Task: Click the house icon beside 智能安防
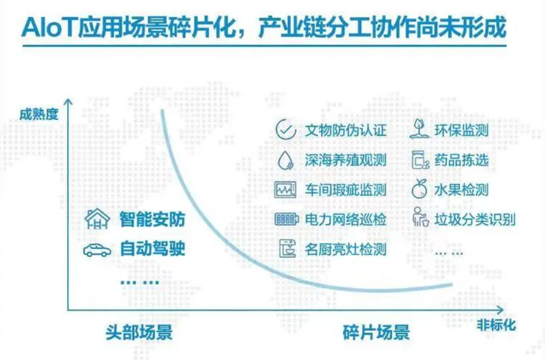point(98,219)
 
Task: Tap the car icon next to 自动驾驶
point(97,250)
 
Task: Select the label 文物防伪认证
point(346,130)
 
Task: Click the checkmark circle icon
point(286,130)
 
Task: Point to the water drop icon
point(285,160)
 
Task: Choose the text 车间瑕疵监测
point(346,190)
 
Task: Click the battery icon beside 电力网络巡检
point(286,219)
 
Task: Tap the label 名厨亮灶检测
point(346,249)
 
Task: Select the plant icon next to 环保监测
point(420,130)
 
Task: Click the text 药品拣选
point(462,160)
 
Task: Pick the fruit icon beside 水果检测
point(420,188)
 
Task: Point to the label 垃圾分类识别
point(475,219)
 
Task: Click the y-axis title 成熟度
point(38,114)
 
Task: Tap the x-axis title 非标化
point(496,325)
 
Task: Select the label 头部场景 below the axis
point(139,332)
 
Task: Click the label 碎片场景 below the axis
point(376,332)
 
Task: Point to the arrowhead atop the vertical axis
point(68,101)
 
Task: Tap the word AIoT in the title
point(49,27)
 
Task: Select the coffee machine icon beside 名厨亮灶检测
point(287,249)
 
